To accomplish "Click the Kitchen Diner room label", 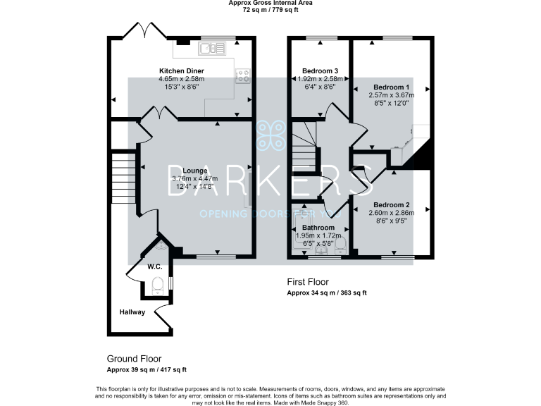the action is pos(181,70).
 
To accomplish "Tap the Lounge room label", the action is pos(195,171).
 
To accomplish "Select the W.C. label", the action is pos(154,267).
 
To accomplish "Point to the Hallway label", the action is pos(132,312).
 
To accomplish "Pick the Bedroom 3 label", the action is pos(320,71).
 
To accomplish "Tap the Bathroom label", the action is pos(318,228).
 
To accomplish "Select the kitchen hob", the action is pos(243,75).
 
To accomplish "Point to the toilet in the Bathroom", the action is pos(340,243).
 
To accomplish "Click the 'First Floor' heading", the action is pos(307,282).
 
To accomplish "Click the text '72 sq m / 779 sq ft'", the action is pos(271,11).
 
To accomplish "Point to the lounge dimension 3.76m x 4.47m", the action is pos(195,179).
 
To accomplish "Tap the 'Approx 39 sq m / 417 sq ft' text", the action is pos(147,369).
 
